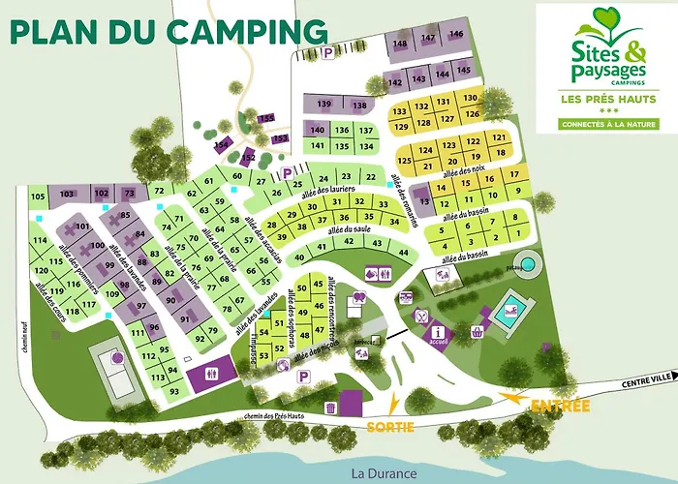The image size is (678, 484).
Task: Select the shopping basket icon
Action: tap(478, 332)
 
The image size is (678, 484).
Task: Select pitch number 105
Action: tap(38, 197)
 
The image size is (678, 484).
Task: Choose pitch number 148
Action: tap(400, 44)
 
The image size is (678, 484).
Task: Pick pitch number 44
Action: tap(403, 252)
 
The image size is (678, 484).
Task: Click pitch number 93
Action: tap(174, 391)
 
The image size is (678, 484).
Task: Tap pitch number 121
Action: tap(499, 138)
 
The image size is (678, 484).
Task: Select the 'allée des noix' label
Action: tap(464, 172)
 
